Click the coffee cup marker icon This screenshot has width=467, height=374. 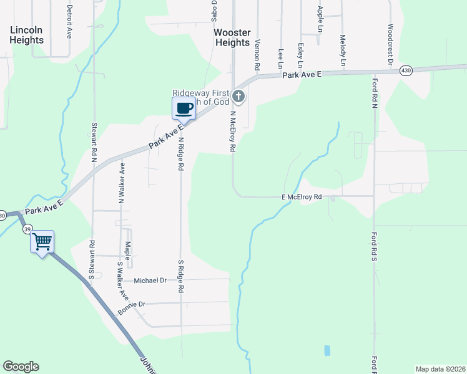(x=184, y=109)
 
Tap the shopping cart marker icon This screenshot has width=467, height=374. (x=42, y=242)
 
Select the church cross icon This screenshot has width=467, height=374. (x=238, y=97)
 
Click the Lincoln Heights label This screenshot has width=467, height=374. (x=26, y=35)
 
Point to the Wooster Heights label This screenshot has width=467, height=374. (x=232, y=37)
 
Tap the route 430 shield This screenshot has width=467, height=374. (x=406, y=70)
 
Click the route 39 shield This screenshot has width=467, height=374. (x=27, y=229)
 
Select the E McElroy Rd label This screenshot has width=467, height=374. (x=301, y=197)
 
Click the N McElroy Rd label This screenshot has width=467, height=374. (x=232, y=132)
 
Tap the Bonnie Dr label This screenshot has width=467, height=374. (x=131, y=304)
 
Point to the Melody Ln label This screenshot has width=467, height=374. (x=343, y=50)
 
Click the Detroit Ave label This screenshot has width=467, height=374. (x=69, y=22)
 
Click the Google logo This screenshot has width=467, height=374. (x=21, y=367)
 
